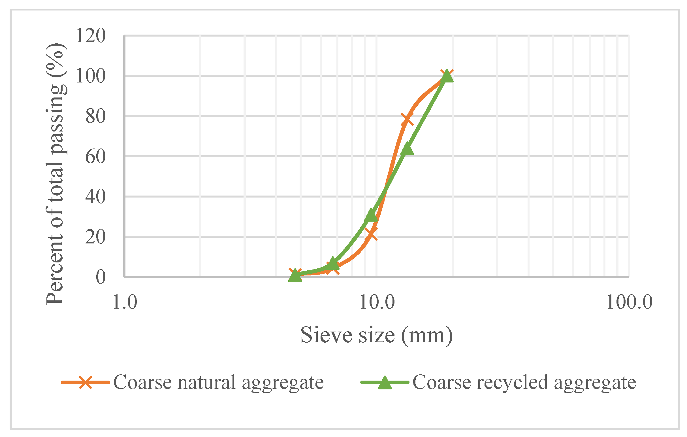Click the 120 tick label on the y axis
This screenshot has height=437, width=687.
coord(90,36)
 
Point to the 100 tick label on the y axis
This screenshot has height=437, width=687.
coord(90,76)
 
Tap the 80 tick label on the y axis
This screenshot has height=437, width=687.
coord(95,116)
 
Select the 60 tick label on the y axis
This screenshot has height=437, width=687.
coord(95,157)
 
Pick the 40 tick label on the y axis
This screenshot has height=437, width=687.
coord(95,197)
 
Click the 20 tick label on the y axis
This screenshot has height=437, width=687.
coord(95,237)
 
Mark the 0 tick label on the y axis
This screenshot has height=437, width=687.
coord(101,277)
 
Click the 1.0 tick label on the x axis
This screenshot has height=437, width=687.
coord(125,302)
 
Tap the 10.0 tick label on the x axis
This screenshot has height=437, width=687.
coord(377,302)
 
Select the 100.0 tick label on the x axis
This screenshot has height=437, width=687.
coord(629,302)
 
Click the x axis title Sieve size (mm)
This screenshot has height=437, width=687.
coord(377,335)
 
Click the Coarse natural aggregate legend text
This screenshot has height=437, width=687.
coord(219,382)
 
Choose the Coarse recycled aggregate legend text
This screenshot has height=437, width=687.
coord(524,382)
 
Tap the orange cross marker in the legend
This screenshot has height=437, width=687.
coord(85,382)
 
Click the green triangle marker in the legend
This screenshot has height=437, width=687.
coord(385,382)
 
